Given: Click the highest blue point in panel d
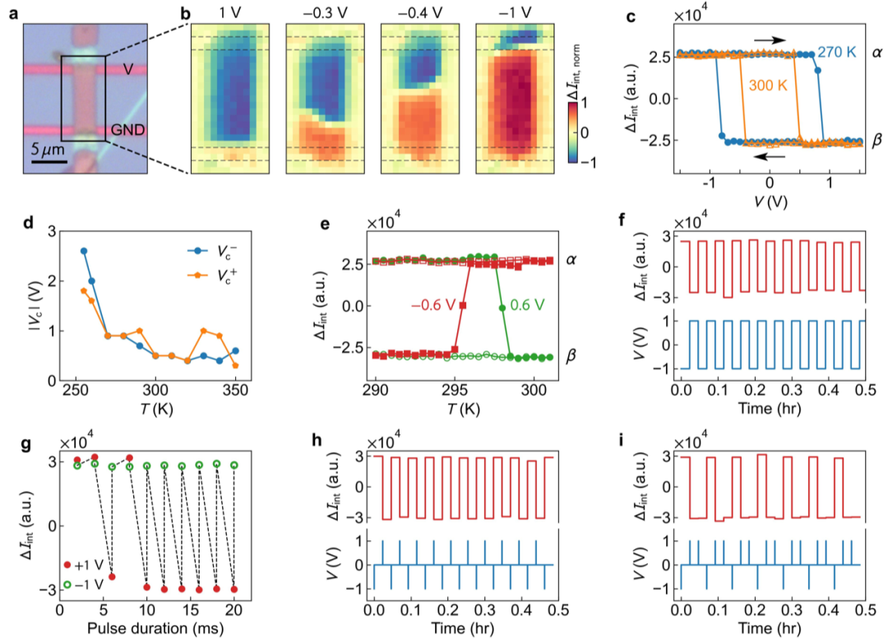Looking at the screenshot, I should point(84,251).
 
